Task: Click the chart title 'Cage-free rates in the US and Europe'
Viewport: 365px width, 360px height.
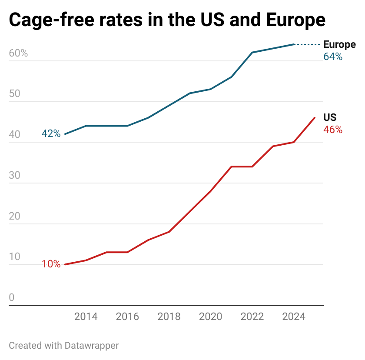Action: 167,20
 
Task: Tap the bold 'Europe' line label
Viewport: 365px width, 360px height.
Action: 339,45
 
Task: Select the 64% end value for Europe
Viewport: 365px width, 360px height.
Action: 333,57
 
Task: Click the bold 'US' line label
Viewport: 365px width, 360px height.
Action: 330,117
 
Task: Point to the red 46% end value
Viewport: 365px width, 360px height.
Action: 333,130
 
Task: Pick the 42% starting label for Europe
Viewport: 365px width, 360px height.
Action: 51,134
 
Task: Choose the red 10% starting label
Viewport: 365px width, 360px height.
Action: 51,264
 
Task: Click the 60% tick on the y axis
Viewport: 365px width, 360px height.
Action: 18,53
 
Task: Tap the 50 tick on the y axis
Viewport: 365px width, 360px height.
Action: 15,94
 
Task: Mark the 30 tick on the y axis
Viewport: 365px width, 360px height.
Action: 15,176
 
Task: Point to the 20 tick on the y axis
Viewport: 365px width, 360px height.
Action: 15,217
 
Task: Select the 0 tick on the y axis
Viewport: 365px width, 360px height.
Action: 12,298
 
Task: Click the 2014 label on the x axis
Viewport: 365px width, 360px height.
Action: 86,317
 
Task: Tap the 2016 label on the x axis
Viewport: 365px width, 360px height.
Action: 127,317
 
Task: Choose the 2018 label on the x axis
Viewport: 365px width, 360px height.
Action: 169,317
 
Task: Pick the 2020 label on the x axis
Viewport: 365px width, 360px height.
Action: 211,317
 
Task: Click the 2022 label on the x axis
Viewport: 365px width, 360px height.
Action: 252,317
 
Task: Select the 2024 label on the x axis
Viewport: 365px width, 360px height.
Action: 294,317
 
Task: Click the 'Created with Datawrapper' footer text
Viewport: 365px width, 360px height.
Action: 64,346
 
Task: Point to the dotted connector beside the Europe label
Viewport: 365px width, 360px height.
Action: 308,44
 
